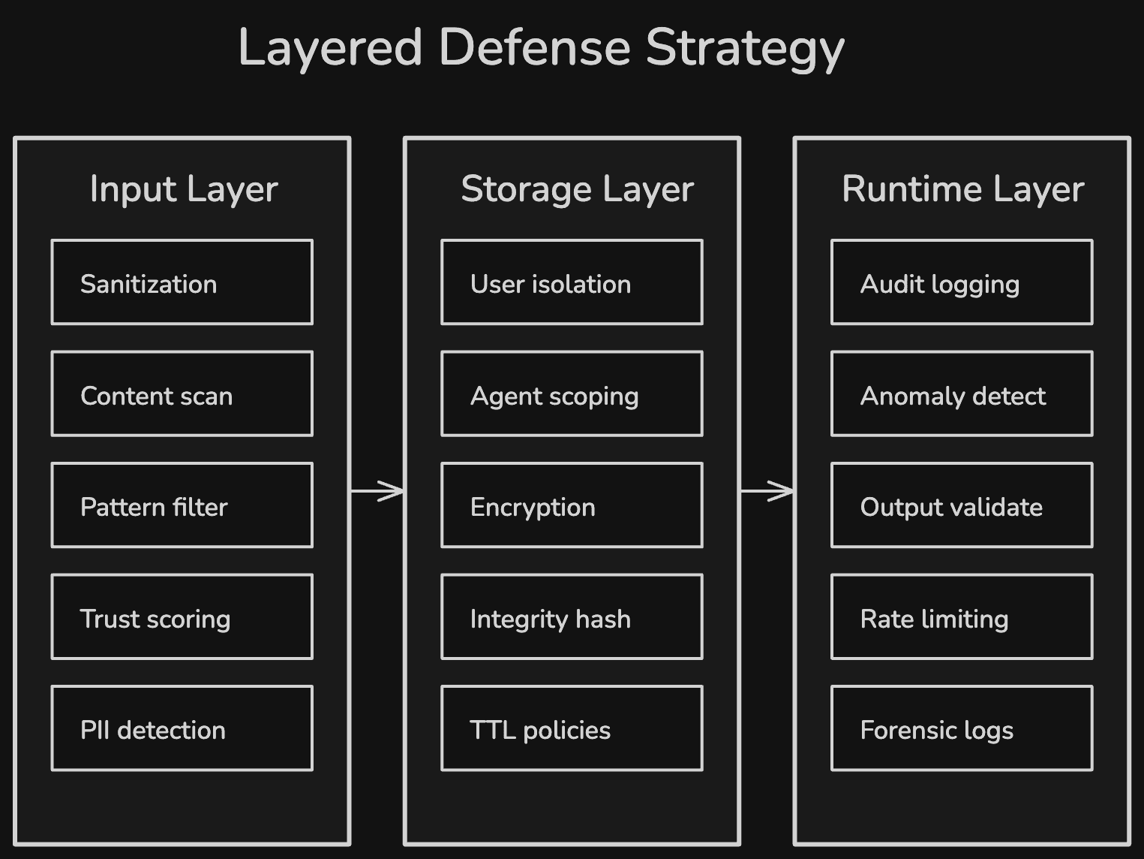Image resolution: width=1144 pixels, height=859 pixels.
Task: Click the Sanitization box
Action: coord(182,282)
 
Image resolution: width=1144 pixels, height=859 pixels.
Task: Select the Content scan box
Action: coord(182,393)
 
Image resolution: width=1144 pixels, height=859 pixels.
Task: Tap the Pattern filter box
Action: coord(182,505)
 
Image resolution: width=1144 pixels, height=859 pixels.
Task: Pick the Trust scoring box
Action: coord(182,616)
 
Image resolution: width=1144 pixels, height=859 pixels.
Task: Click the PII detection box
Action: coord(182,728)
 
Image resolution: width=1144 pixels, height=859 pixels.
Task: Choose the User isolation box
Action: coord(572,282)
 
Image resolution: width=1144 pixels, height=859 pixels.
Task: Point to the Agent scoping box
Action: coord(572,393)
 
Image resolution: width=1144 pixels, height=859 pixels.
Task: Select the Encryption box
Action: coord(572,505)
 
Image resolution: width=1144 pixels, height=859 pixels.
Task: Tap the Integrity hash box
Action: coord(572,616)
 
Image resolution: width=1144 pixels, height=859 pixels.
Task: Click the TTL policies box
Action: coord(572,728)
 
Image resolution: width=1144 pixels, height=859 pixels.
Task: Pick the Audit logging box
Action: coord(962,282)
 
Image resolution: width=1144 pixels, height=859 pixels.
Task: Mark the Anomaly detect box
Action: coord(962,393)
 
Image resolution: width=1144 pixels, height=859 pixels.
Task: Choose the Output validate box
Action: coord(962,505)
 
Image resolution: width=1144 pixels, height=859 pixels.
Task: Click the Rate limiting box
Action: coord(962,616)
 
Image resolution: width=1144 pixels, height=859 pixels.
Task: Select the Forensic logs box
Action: coord(962,728)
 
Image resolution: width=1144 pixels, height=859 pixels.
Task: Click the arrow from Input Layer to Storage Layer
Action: coord(377,491)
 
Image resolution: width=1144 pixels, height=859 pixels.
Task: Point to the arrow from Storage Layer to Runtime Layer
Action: coord(767,491)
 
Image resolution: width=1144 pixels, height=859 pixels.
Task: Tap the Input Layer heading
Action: coord(184,189)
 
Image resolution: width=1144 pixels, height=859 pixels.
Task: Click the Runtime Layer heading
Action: coord(963,189)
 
